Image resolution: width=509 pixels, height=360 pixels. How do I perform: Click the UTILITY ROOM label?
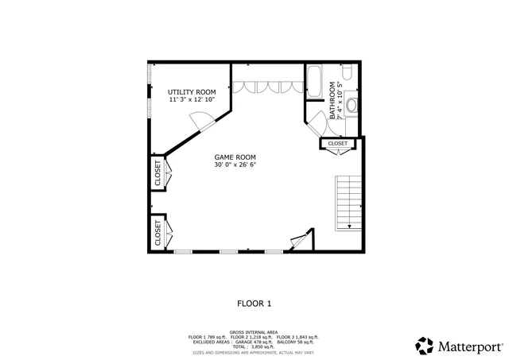click(x=192, y=92)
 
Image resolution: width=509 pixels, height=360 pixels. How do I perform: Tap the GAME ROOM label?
click(x=235, y=157)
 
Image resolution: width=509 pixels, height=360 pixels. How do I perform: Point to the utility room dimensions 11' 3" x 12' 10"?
click(x=192, y=100)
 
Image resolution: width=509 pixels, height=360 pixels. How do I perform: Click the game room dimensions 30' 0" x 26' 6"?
click(x=235, y=165)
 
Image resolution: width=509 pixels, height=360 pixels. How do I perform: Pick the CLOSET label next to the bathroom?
click(x=337, y=144)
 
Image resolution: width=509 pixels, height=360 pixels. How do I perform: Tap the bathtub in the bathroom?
click(x=314, y=83)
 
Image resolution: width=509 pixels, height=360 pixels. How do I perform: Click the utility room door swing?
click(x=203, y=121)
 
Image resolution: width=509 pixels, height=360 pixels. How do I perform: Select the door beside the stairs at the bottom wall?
click(x=301, y=241)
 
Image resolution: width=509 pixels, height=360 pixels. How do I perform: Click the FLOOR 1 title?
click(x=254, y=303)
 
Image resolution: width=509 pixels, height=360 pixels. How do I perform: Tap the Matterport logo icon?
click(x=423, y=346)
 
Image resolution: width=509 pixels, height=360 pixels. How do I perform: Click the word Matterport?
click(x=468, y=346)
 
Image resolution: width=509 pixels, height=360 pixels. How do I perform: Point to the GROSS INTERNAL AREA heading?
click(x=254, y=332)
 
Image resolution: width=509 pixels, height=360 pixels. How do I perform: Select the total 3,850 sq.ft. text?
click(x=254, y=346)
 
